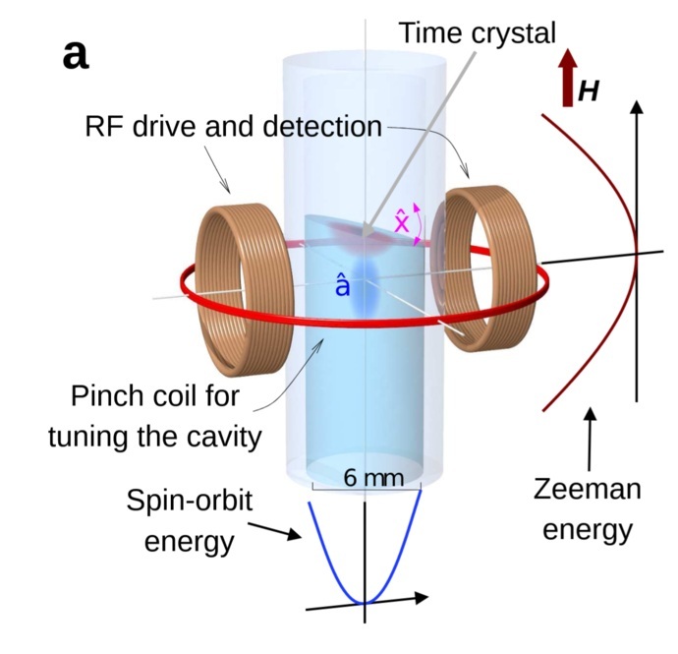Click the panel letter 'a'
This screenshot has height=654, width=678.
76,55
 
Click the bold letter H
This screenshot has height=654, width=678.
588,91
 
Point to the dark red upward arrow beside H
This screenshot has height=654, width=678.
567,79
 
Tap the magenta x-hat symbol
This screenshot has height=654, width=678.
403,222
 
